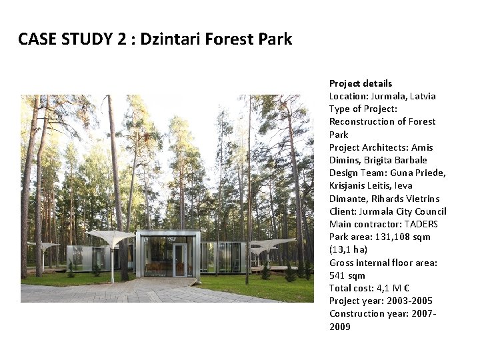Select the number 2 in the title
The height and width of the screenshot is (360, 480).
121,39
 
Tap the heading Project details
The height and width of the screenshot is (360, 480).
361,83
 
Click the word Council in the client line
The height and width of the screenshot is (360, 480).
430,211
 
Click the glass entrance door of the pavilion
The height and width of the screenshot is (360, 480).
179,260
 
